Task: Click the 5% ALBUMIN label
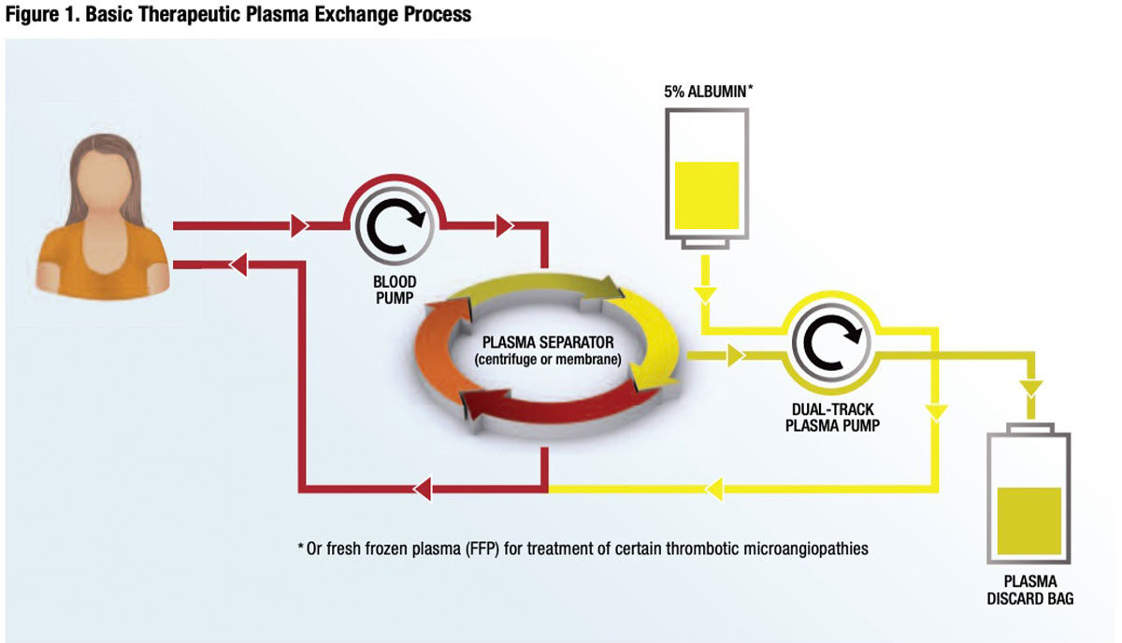pos(706,94)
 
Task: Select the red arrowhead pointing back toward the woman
pos(238,264)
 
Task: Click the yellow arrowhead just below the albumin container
pos(706,294)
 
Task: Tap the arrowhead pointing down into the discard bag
pos(1030,387)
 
